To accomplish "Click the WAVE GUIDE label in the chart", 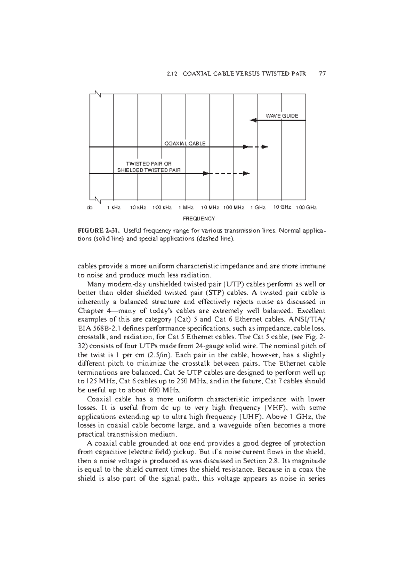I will click(x=282, y=116).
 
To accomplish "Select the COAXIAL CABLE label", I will click(x=185, y=144).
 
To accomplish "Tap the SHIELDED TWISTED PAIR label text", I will click(x=149, y=170).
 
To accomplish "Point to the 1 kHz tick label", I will click(x=114, y=207).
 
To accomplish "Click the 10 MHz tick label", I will click(x=210, y=207).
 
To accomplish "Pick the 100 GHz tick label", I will click(x=306, y=207).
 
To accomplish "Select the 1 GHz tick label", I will click(x=258, y=207).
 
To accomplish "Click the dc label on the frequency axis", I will click(x=89, y=207).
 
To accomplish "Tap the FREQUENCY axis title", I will click(x=198, y=218).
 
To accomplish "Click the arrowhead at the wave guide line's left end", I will click(x=253, y=120).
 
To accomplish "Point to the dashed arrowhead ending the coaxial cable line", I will click(x=265, y=147).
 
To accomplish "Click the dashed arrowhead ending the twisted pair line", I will click(x=247, y=173).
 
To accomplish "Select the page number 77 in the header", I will click(x=322, y=74).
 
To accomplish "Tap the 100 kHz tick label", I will click(x=162, y=207).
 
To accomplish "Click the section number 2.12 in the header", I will click(x=172, y=74).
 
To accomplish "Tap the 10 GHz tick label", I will click(x=282, y=207).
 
